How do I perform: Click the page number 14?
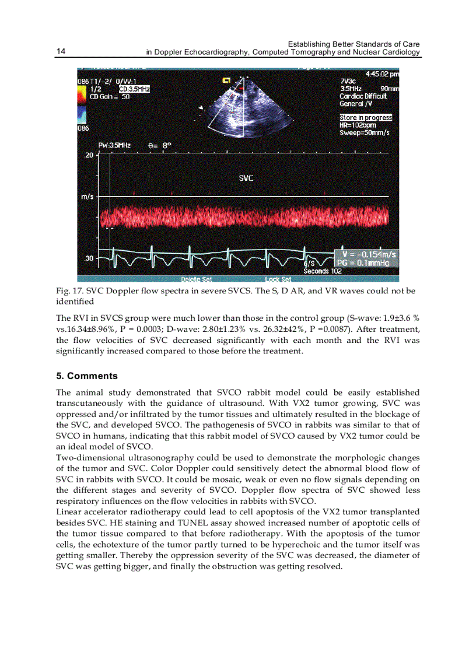coord(61,52)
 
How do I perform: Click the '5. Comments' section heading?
coord(87,376)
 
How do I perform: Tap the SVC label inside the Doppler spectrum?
coord(246,178)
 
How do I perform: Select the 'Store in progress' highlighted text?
coord(366,118)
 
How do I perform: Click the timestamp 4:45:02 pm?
coord(381,74)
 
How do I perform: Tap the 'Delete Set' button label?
coord(196,279)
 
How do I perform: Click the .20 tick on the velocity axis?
coord(89,155)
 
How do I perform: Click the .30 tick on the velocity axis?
coord(89,257)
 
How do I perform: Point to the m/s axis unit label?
coord(87,196)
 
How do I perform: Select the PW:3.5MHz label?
coord(114,144)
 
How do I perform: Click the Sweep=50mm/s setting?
coord(365,132)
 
